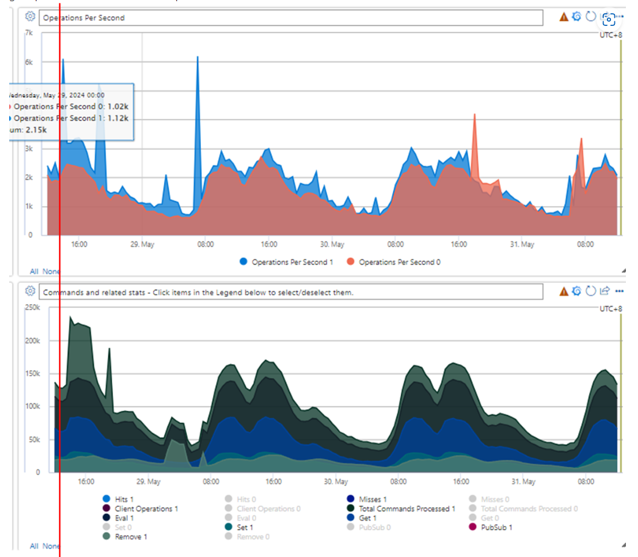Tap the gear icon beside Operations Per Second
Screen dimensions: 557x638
pyautogui.click(x=31, y=17)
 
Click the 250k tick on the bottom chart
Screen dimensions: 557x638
pyautogui.click(x=32, y=308)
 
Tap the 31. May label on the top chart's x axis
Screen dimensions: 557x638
pyautogui.click(x=522, y=244)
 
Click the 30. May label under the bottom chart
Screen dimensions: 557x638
pyautogui.click(x=336, y=482)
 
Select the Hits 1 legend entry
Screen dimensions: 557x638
pyautogui.click(x=121, y=499)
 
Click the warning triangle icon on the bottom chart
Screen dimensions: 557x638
pyautogui.click(x=564, y=291)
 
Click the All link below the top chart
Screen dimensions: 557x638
pyautogui.click(x=34, y=271)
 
